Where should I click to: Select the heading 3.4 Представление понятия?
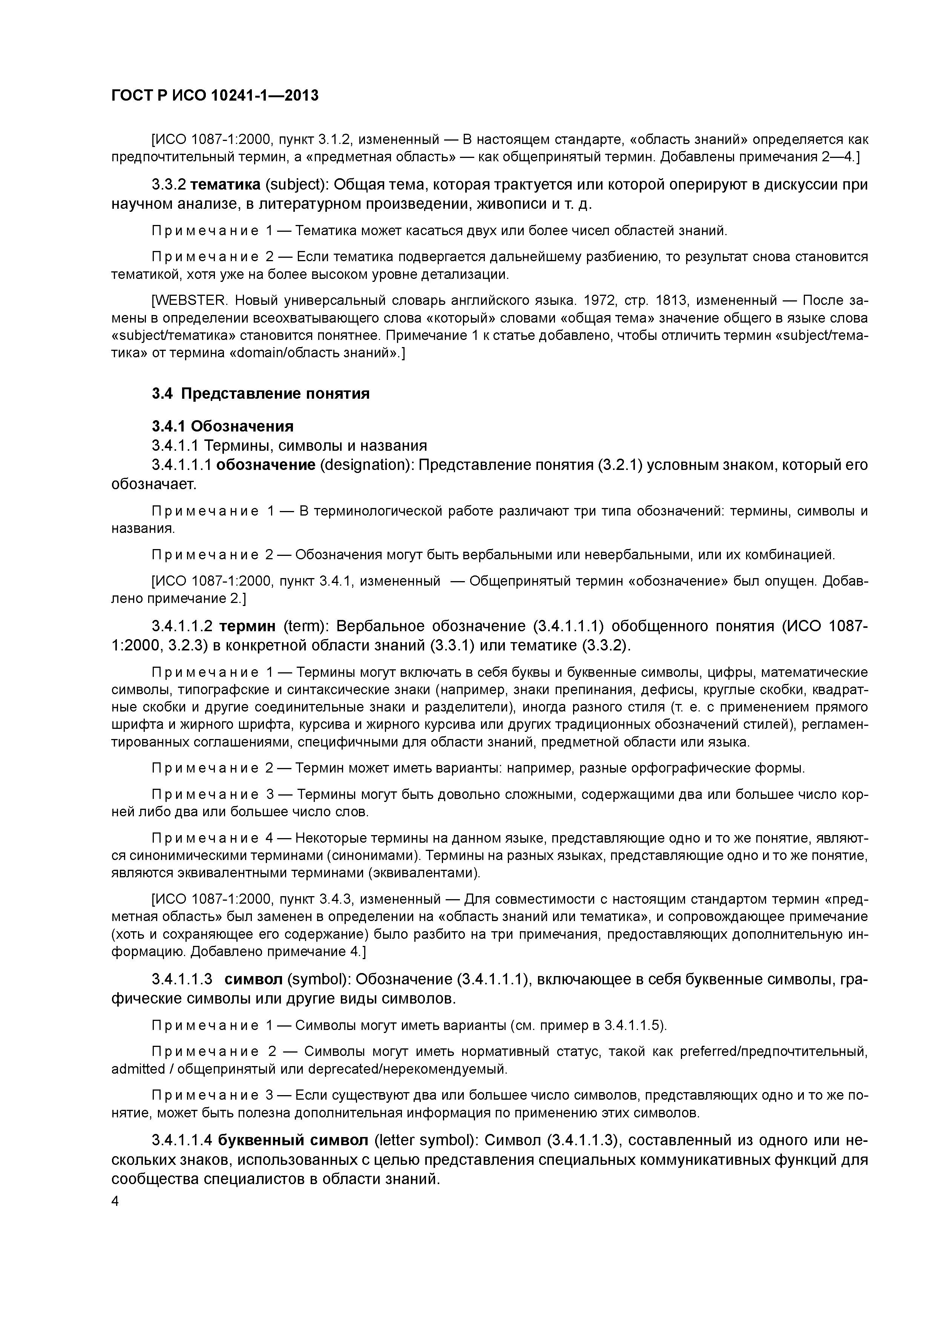pos(261,394)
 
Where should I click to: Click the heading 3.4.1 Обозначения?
pos(222,426)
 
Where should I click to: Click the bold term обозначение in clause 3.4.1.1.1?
pos(265,465)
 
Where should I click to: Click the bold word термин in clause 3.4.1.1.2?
pos(248,626)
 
